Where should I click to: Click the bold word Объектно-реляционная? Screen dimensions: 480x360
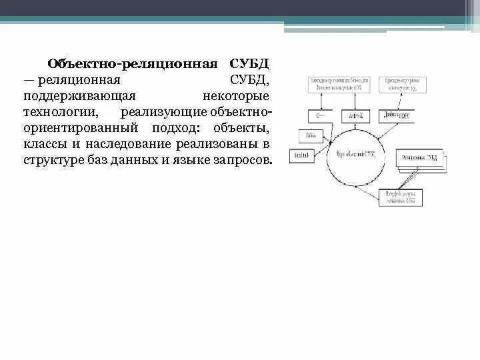click(133, 65)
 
